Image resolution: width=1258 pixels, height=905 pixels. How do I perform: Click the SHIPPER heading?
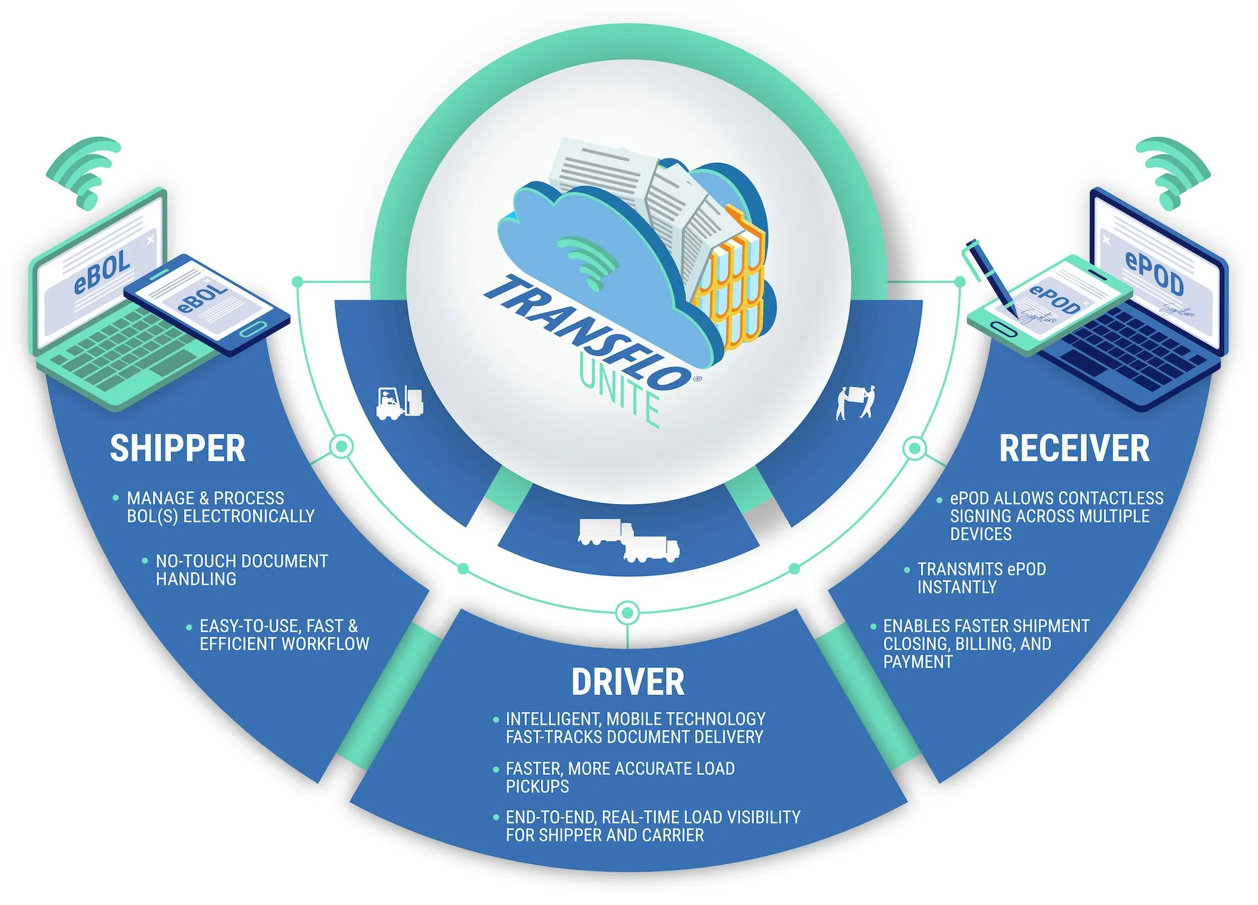[177, 448]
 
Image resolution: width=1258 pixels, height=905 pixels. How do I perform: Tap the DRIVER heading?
[628, 682]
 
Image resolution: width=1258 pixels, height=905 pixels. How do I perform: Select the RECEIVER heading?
[1074, 448]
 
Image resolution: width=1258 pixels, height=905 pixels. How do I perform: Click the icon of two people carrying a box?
[855, 403]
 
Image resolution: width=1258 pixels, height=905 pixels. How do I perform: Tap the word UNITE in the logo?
[620, 393]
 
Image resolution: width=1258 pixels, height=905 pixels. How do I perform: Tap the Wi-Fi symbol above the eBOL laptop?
[85, 170]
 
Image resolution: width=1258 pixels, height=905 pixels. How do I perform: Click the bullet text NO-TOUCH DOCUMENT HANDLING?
[242, 570]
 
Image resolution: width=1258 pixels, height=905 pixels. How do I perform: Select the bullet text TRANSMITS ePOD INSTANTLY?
[981, 578]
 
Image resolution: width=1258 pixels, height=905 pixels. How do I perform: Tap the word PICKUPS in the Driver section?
[537, 786]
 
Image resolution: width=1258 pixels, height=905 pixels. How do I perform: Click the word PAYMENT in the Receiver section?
[918, 662]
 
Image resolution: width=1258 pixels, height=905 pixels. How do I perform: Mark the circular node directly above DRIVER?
[627, 612]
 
